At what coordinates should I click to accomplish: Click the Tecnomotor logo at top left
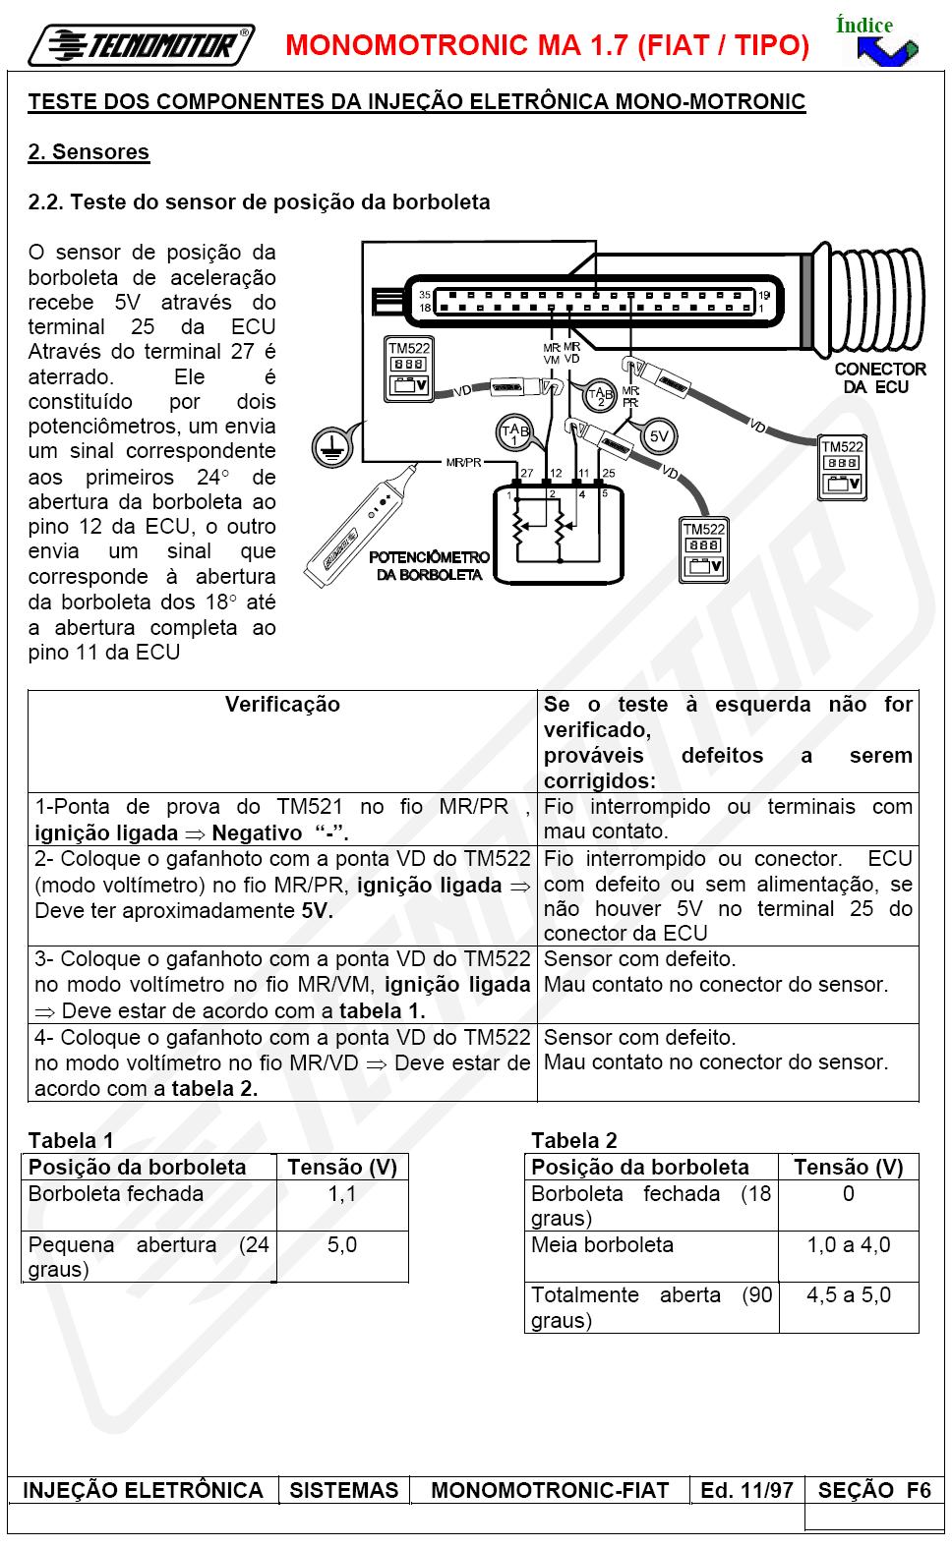click(141, 45)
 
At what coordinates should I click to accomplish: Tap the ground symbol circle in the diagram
click(330, 447)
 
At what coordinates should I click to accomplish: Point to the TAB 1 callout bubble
click(514, 433)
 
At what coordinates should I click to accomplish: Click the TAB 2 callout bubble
click(599, 395)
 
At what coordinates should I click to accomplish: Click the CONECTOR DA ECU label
click(879, 378)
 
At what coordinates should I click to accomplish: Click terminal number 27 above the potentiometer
click(526, 473)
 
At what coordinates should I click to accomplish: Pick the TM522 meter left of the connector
click(409, 369)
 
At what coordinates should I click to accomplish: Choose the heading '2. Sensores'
click(89, 152)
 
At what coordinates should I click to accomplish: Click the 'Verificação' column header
click(282, 705)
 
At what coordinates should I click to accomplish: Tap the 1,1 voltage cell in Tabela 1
click(341, 1194)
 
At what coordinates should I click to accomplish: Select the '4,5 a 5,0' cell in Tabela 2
click(848, 1294)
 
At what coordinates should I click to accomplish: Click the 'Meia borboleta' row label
click(602, 1244)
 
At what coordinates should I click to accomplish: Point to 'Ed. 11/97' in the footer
click(746, 1490)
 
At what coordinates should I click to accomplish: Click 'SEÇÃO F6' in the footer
click(873, 1490)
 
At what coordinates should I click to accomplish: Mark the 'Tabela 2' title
click(573, 1140)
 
